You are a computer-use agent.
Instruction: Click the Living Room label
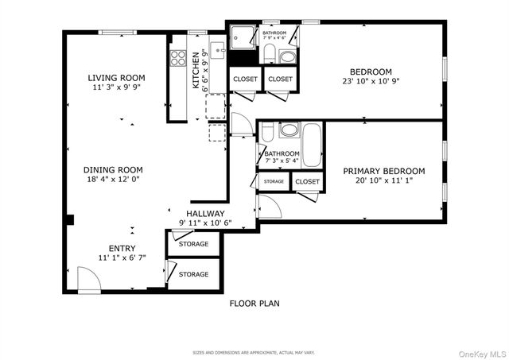(116, 77)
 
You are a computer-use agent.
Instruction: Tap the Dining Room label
(114, 170)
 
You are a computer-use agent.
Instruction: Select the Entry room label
(116, 248)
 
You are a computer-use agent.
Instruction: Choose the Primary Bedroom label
(383, 171)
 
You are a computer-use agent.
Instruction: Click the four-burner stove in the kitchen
(177, 58)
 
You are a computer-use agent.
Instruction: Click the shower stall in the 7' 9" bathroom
(241, 37)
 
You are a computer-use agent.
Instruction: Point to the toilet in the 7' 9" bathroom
(269, 53)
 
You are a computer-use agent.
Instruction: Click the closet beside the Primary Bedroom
(307, 182)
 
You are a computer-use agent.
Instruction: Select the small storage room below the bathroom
(274, 182)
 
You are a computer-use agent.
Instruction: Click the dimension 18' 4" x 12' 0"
(114, 180)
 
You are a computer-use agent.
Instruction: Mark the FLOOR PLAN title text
(254, 303)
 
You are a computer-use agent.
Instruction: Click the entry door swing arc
(89, 279)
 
